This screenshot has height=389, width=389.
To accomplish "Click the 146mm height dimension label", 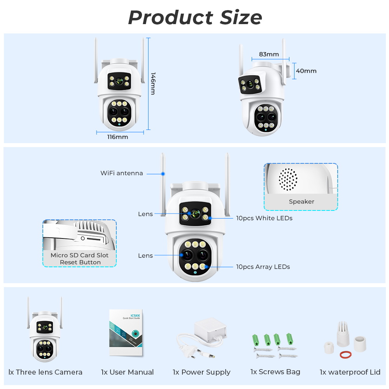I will (x=153, y=83).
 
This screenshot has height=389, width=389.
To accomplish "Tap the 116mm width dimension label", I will (x=117, y=137).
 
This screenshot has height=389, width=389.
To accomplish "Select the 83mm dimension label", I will (x=269, y=54).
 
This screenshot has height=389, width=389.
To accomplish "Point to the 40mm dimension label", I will (x=306, y=71).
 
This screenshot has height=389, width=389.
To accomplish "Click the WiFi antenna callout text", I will (x=122, y=173).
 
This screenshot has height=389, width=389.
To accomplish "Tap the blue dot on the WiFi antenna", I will (x=163, y=173).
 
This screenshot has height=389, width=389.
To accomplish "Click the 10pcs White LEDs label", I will (x=264, y=218).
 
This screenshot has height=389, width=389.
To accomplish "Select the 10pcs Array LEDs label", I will (x=263, y=267).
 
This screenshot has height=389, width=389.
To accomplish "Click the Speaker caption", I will (x=301, y=202).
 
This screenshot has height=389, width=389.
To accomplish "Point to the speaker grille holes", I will (x=288, y=180).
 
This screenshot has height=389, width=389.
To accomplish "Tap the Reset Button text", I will (x=80, y=262).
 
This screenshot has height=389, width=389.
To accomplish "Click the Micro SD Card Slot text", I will (x=80, y=255).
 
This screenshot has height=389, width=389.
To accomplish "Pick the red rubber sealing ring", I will (x=346, y=355).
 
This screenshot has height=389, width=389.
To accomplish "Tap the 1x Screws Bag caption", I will (x=275, y=372).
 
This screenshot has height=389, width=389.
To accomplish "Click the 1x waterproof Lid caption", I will (x=350, y=372).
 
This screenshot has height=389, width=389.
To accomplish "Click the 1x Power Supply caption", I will (x=202, y=372).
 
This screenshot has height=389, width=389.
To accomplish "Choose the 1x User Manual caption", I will (x=127, y=372).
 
